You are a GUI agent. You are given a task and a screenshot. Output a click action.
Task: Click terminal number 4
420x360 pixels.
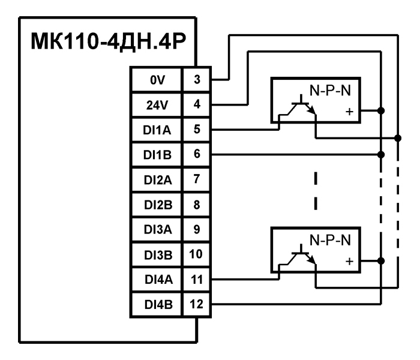[197, 104]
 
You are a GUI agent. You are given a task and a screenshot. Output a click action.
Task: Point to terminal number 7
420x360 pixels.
[197, 179]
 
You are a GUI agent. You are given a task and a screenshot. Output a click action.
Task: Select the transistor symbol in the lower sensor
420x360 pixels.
[300, 259]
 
